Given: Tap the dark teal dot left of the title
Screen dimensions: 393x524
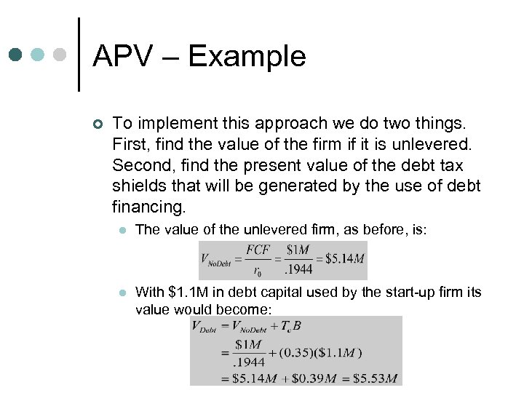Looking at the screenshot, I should coord(16,55).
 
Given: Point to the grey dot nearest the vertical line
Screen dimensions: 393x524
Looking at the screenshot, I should coord(62,55).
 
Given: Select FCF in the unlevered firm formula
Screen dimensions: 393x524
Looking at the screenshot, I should coord(258,250).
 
